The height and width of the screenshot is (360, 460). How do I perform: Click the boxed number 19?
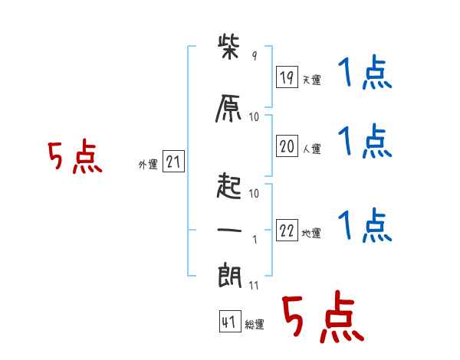[287, 77]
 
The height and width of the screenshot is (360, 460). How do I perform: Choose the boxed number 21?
[173, 162]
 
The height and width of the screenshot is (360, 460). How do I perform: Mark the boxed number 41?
[229, 322]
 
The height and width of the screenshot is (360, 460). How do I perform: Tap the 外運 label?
[147, 165]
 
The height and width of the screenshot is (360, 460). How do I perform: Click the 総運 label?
[255, 325]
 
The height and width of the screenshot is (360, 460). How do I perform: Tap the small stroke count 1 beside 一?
[254, 239]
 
